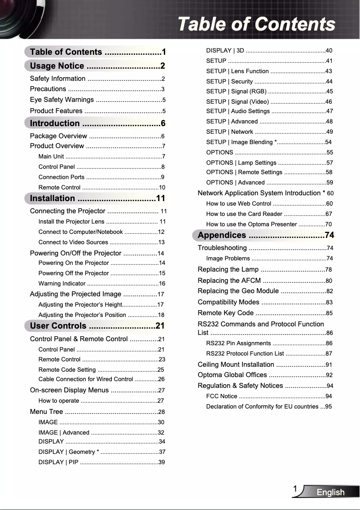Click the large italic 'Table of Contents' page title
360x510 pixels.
point(256,24)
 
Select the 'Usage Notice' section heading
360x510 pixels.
point(57,66)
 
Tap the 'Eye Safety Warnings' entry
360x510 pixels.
point(62,100)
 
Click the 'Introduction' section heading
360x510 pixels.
point(55,123)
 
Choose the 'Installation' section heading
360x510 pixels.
point(53,198)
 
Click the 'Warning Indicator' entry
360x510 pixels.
point(62,283)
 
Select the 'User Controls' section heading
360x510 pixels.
point(58,325)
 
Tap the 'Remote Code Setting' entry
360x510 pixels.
point(67,369)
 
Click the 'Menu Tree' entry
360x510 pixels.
point(47,412)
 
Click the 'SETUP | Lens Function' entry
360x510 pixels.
point(237,71)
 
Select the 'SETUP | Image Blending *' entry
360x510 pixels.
point(242,142)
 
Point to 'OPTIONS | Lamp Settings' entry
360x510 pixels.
point(241,163)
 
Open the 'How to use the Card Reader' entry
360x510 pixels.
point(244,214)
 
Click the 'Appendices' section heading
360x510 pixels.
point(222,235)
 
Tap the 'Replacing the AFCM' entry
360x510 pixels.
point(229,281)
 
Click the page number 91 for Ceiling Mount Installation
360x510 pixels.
point(329,365)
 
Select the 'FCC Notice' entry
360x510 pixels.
point(222,396)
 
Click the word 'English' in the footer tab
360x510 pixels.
point(330,492)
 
